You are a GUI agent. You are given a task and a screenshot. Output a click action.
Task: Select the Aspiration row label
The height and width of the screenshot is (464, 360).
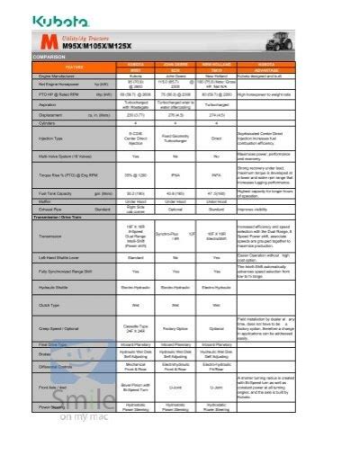[x=44, y=104]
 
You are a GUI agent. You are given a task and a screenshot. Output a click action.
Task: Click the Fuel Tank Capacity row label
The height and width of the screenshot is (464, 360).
[x=55, y=192]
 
